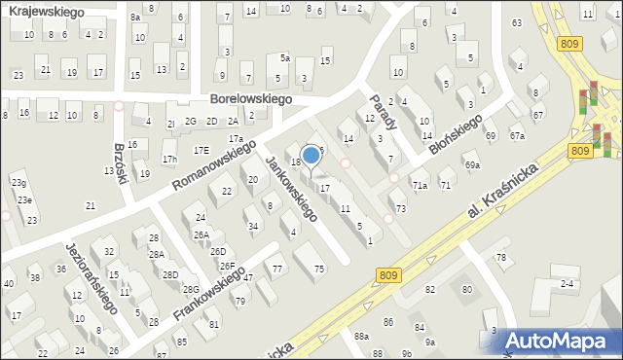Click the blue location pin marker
[x=311, y=156]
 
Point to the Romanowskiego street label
[x=214, y=164]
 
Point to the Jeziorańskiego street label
[x=92, y=276]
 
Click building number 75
[x=319, y=269]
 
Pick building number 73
[x=400, y=209]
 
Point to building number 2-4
[x=568, y=283]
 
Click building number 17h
[x=169, y=159]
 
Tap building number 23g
[x=18, y=183]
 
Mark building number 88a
[x=361, y=336]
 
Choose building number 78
[x=501, y=257]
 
